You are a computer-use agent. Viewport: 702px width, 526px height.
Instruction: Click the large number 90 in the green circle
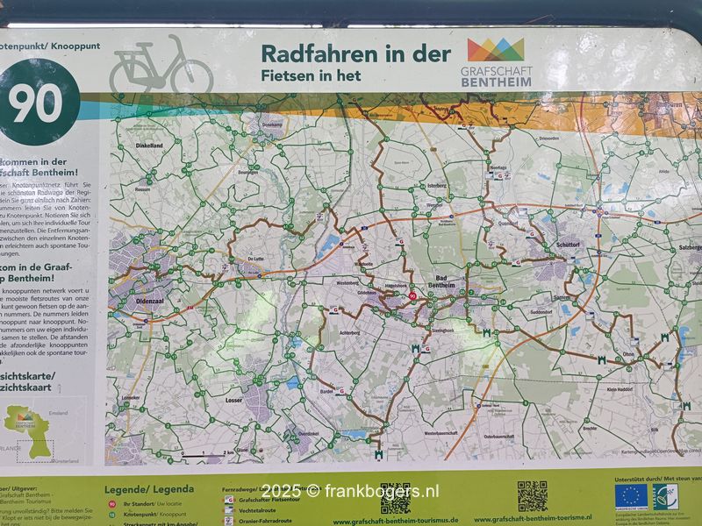[x=36, y=104]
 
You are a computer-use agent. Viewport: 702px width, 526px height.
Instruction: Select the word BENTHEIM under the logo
[x=496, y=82]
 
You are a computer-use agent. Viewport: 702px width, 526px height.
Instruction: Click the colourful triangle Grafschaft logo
[x=496, y=49]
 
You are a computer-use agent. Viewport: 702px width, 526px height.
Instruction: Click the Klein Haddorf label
[x=621, y=387]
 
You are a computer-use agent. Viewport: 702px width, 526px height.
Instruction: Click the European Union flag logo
[x=631, y=496]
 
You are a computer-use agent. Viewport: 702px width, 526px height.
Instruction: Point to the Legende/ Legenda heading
[x=149, y=489]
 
